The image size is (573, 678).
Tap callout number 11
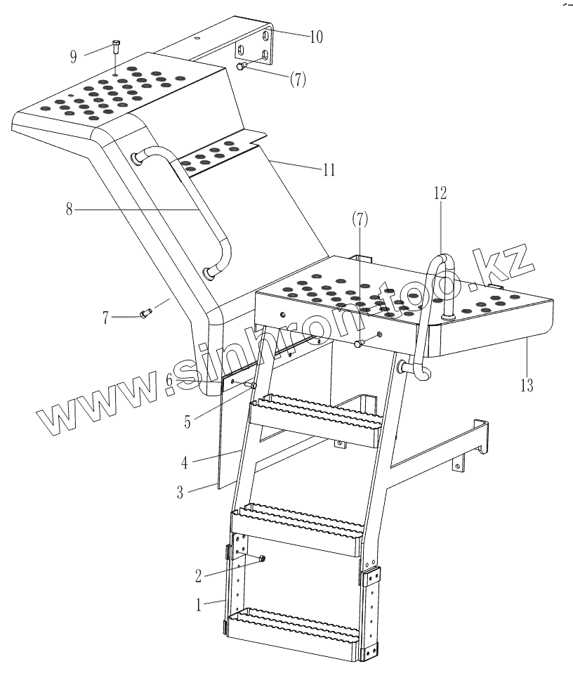pos(328,169)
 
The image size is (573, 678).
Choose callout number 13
pos(527,384)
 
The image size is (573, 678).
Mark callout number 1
pos(199,604)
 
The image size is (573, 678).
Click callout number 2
pos(199,575)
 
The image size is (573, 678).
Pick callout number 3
pos(180,492)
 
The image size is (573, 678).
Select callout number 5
pos(188,424)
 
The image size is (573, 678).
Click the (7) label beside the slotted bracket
pos(298,79)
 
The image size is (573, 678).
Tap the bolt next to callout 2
pos(261,559)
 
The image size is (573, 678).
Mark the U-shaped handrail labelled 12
pos(440,288)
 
